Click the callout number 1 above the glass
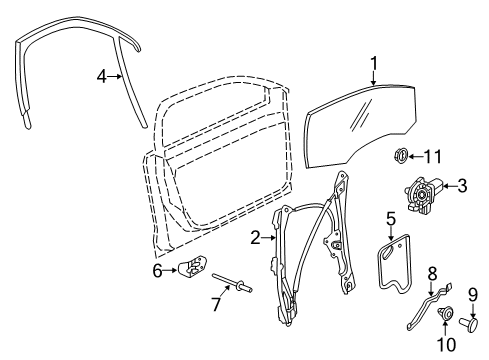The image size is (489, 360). click(374, 63)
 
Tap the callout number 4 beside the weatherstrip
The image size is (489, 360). click(102, 77)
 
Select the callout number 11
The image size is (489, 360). click(433, 157)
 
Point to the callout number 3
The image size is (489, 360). click(462, 186)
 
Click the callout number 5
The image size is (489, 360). click(391, 219)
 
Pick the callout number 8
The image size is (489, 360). click(432, 274)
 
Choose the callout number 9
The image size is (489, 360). click(473, 295)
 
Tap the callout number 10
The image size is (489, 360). click(446, 344)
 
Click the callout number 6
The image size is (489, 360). click(157, 270)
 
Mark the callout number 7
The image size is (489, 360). click(216, 304)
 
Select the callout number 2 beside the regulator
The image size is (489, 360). click(255, 238)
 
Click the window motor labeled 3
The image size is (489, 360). click(423, 195)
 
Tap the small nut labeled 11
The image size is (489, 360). click(400, 156)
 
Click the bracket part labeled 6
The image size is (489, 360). click(192, 265)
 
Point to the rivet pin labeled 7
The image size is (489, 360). click(232, 283)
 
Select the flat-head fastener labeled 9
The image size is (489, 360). click(469, 324)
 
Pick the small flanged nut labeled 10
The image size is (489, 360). click(445, 313)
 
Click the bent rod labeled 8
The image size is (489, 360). click(429, 306)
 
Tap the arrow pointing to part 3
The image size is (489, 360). click(449, 186)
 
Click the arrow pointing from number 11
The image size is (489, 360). click(415, 157)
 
